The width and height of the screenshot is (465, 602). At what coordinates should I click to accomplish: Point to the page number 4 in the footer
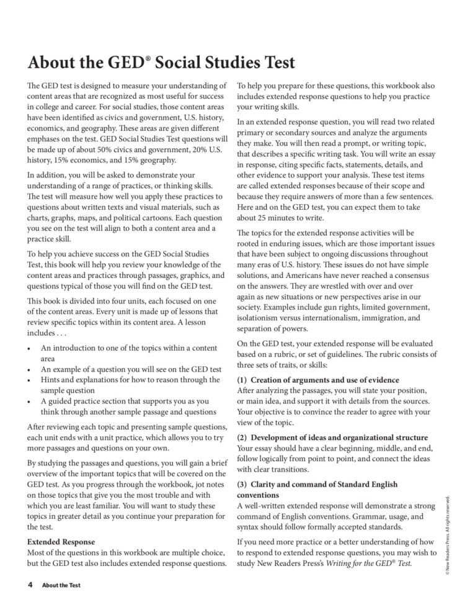pyautogui.click(x=29, y=585)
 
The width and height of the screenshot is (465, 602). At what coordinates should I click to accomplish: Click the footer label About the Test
pyautogui.click(x=61, y=585)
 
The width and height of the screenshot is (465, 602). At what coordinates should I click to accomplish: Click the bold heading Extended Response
pyautogui.click(x=61, y=541)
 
